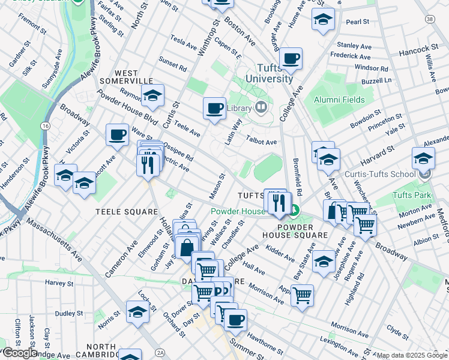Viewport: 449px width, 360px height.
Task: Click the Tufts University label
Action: coord(267,73)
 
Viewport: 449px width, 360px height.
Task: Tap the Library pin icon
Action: coord(261,108)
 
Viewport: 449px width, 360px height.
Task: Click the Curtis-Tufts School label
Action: coord(379,174)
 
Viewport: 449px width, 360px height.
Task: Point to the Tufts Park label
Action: coord(411,195)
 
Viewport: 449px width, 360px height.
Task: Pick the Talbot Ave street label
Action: coord(261,142)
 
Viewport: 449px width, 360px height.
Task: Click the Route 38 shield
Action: coord(429,19)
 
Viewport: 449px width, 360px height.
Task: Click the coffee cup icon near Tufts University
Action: coord(291,59)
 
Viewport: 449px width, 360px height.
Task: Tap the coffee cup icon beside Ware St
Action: coord(117,134)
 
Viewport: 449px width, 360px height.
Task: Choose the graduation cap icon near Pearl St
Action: coord(322,20)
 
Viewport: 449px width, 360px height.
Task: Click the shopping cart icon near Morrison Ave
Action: coord(302,295)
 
